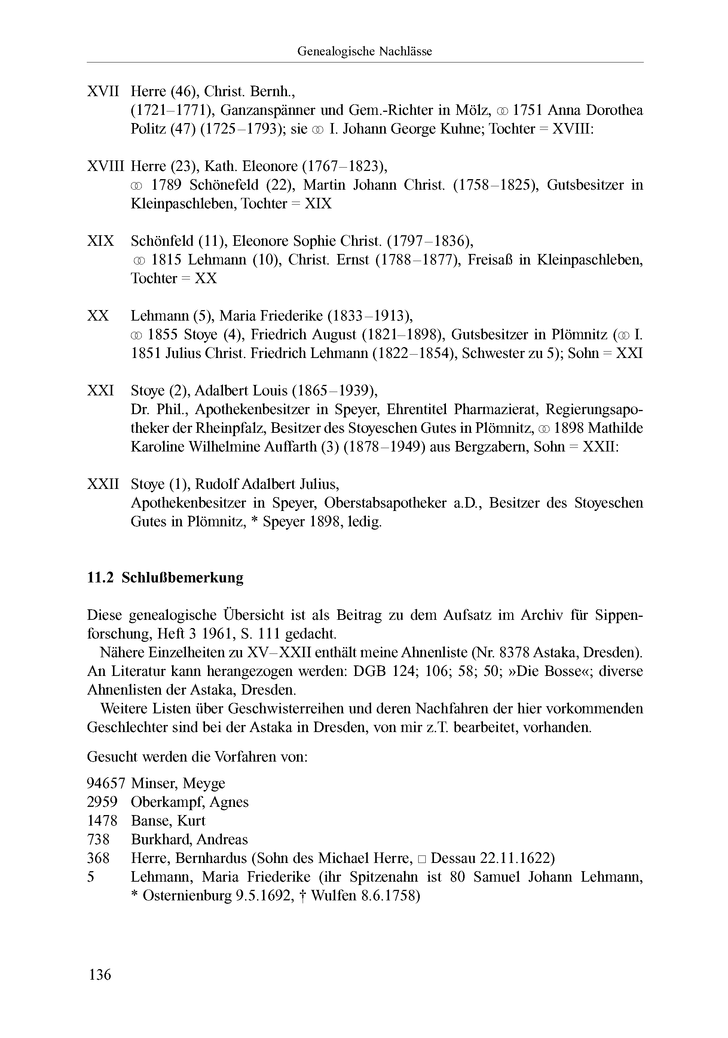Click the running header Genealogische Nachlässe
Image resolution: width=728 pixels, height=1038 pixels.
(x=364, y=52)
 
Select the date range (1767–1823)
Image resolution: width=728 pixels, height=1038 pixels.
(x=345, y=166)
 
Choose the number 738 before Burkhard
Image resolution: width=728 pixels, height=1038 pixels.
(x=98, y=839)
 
